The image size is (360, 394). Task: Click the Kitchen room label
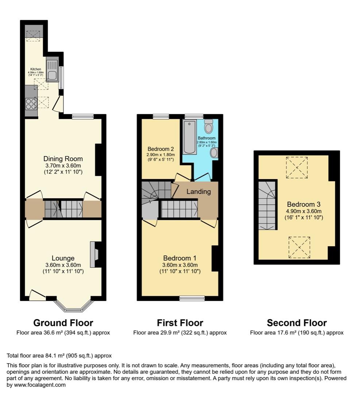coord(36,69)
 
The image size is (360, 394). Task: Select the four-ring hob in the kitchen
coord(31,104)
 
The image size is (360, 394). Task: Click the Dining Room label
coord(63,159)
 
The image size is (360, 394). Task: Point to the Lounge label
coord(63,258)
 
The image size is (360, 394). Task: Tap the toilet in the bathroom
coord(209,126)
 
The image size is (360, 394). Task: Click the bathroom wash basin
coord(214,152)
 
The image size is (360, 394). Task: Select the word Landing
coord(198,192)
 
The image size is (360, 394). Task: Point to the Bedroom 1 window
coord(192,298)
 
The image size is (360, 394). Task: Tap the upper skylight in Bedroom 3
coord(297,167)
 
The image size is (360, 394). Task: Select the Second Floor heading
coord(297,323)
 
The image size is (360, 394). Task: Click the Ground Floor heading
coord(63,323)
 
